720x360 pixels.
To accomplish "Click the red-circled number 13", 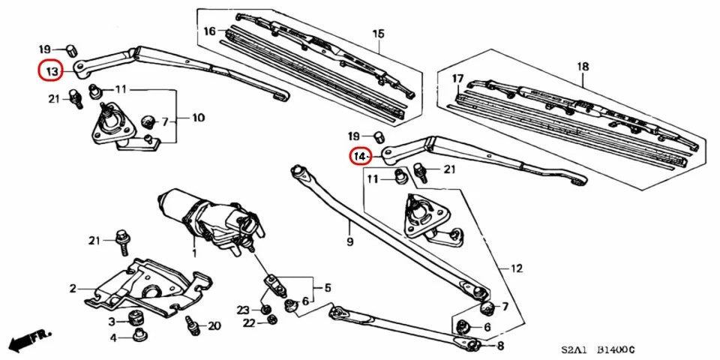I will (51, 71).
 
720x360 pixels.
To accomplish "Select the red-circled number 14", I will (361, 157).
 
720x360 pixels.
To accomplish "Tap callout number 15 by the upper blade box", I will (378, 34).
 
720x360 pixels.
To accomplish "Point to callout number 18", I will (583, 67).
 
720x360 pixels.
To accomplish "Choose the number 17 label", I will (457, 79).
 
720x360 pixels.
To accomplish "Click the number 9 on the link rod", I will (349, 242).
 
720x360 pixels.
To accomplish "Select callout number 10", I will (198, 118).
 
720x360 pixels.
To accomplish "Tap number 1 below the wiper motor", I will (193, 254).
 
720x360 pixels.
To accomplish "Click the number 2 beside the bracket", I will (73, 288).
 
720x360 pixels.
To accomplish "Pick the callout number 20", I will (214, 325).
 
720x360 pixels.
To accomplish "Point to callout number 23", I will (243, 310).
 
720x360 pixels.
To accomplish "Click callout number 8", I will (501, 346).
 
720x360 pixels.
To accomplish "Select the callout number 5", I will (326, 288).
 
